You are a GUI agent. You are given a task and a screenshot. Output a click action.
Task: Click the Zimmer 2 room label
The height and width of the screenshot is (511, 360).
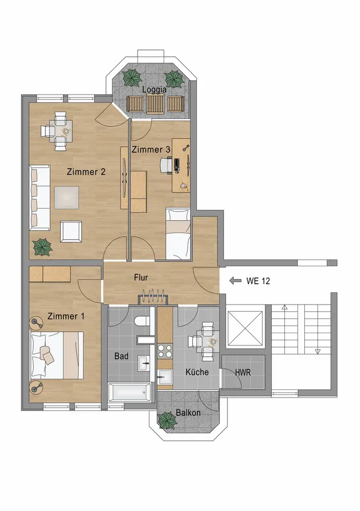pos(86,172)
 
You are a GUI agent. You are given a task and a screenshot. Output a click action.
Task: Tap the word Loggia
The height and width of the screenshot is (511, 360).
pos(154,89)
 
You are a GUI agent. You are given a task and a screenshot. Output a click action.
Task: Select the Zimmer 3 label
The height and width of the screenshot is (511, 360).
pos(151,150)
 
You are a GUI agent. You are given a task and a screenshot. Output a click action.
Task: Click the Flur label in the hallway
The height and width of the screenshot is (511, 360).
pos(141,277)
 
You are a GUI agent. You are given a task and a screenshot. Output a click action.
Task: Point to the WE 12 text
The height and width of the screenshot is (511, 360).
pos(258,281)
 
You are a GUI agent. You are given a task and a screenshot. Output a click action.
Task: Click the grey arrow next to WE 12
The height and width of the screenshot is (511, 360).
pos(235,281)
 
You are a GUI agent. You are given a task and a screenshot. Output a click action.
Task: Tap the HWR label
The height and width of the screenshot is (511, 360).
pos(243,372)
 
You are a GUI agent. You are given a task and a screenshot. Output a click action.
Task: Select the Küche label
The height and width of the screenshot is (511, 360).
pos(197,372)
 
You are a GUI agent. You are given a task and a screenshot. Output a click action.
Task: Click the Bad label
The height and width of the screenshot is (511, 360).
pos(121,356)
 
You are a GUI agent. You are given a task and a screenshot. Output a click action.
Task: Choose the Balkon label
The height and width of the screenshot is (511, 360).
pos(188,412)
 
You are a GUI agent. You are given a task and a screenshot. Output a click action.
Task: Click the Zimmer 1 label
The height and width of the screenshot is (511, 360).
pos(66,316)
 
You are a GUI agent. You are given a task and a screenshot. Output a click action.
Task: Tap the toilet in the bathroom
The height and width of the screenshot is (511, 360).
pos(142,321)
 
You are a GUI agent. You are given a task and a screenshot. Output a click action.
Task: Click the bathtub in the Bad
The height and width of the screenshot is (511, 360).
pos(129,392)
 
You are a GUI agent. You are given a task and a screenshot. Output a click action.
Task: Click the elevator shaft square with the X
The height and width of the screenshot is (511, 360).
pos(245,328)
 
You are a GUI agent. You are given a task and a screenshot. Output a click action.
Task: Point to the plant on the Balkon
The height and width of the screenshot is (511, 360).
pos(168,420)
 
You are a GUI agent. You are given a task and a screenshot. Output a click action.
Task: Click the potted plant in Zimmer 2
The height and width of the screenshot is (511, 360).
pos(42,247)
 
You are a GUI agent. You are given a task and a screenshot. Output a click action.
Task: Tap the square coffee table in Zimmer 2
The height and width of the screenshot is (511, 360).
pos(66,198)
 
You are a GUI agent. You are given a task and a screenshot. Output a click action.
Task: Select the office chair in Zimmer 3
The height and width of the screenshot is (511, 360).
pos(166,164)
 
